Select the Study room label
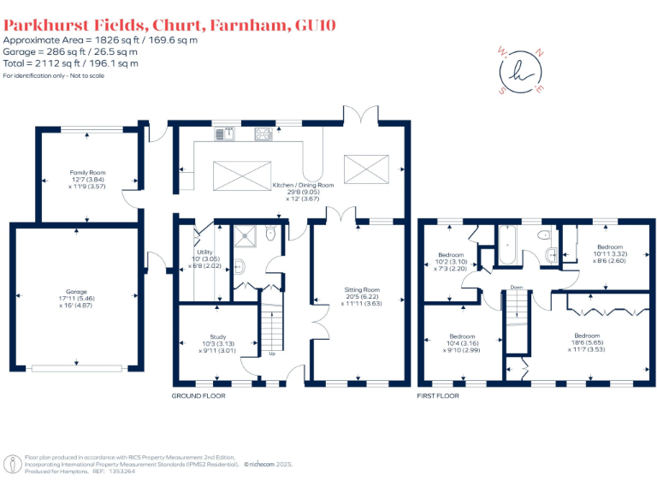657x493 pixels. (x=217, y=336)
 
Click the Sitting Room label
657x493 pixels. (x=362, y=290)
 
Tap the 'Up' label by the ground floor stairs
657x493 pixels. (x=273, y=353)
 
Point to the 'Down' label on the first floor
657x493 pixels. (x=517, y=287)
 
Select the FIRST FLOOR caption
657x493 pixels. (x=438, y=396)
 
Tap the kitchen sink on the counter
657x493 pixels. (x=227, y=133)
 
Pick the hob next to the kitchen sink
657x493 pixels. (x=262, y=133)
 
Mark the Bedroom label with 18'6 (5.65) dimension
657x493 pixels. (x=587, y=336)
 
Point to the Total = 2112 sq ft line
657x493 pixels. (x=71, y=62)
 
